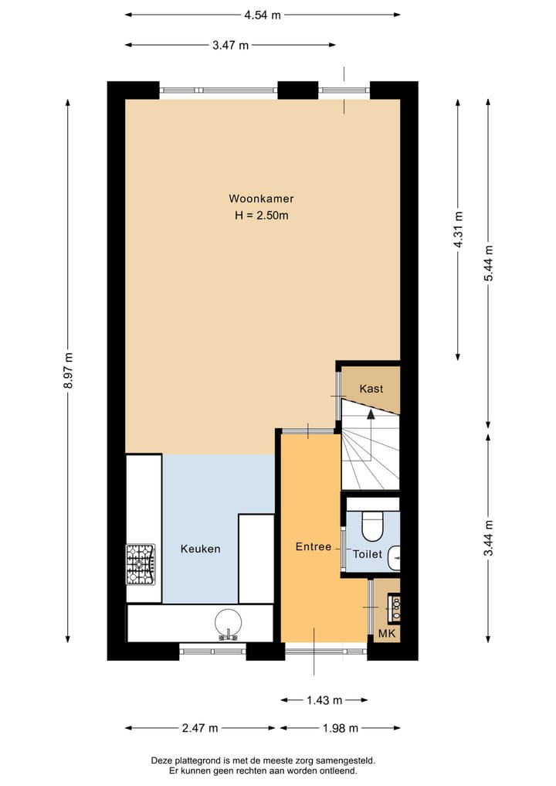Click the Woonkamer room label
261,199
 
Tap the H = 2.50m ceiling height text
261,216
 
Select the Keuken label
200,549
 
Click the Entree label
313,546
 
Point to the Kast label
371,389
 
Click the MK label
387,635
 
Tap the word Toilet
367,554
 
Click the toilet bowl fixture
372,525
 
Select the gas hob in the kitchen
141,563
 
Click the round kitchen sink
228,623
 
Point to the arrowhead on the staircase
371,414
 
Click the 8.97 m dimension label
69,371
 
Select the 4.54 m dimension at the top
263,14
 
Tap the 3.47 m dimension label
231,45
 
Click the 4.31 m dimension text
459,230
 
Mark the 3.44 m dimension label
488,539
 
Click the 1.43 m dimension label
324,700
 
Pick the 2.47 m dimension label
200,728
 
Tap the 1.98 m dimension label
340,728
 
